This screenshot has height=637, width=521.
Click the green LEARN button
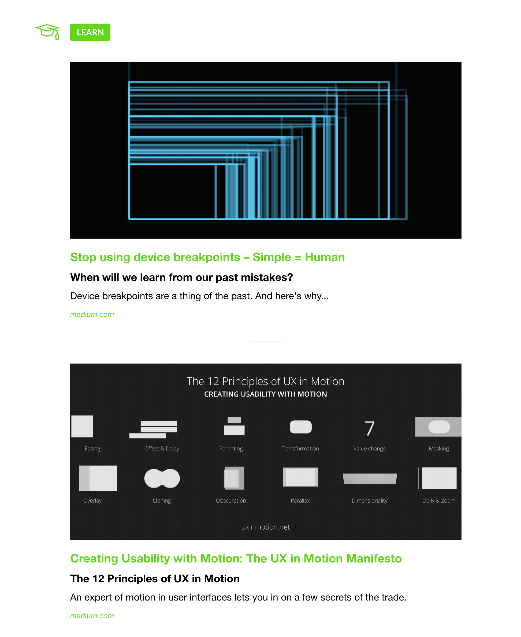click(x=90, y=32)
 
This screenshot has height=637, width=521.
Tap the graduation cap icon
click(x=47, y=31)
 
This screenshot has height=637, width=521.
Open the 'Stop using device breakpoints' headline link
click(x=207, y=257)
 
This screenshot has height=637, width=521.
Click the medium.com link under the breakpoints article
click(x=92, y=314)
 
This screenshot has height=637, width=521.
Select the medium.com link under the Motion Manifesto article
click(x=92, y=616)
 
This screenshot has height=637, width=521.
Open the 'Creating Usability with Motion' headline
click(x=236, y=559)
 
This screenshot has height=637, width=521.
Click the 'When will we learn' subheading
click(x=181, y=277)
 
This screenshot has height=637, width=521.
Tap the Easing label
click(x=92, y=449)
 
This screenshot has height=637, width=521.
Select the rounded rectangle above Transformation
click(x=300, y=427)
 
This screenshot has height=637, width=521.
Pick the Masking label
click(x=438, y=449)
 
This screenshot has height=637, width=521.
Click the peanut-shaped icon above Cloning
click(x=162, y=478)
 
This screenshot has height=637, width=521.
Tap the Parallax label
click(x=300, y=501)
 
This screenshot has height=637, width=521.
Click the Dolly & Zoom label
click(x=438, y=501)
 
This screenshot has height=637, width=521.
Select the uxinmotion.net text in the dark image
click(x=265, y=527)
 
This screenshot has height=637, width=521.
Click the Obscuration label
click(x=231, y=501)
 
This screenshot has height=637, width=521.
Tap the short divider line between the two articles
click(x=266, y=342)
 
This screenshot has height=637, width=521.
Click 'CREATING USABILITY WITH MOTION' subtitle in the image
click(x=265, y=394)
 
